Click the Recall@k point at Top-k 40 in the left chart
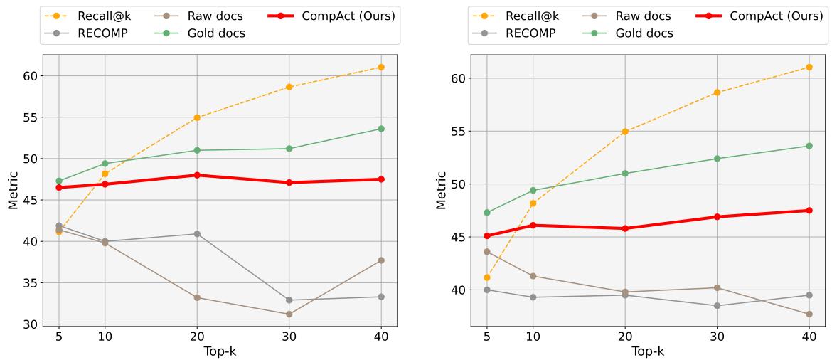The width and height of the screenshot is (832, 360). tap(381, 67)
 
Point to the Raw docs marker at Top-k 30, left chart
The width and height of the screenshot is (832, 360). tap(289, 314)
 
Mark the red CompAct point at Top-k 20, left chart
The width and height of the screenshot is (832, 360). tap(197, 175)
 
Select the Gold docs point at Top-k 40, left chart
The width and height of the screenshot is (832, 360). tap(381, 129)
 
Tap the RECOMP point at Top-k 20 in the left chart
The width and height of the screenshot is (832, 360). tap(197, 233)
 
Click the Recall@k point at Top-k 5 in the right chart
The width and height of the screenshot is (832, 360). tap(487, 277)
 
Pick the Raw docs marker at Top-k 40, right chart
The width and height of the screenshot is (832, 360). tap(809, 314)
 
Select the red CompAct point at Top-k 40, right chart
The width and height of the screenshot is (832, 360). tap(809, 210)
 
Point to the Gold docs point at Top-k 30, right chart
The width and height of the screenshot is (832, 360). tap(717, 159)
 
